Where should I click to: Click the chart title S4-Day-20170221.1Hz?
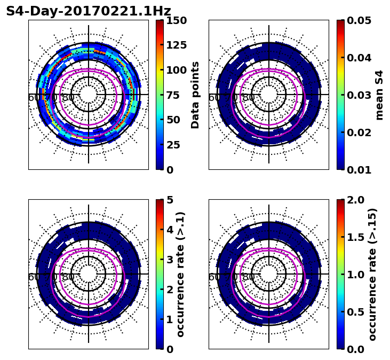(x=89, y=11)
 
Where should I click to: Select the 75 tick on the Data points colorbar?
(x=173, y=95)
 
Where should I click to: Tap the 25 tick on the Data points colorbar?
(x=173, y=145)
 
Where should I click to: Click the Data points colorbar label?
(x=195, y=95)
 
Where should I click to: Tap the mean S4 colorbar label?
(x=379, y=95)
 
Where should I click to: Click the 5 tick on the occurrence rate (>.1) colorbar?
(x=170, y=200)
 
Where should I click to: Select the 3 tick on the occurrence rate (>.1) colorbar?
(x=170, y=260)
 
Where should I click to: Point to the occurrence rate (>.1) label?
(x=180, y=274)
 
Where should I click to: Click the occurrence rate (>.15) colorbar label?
(x=372, y=274)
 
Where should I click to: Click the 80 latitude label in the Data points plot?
(x=68, y=98)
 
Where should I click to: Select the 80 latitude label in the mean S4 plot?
(x=249, y=98)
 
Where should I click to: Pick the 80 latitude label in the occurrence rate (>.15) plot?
(x=249, y=277)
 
